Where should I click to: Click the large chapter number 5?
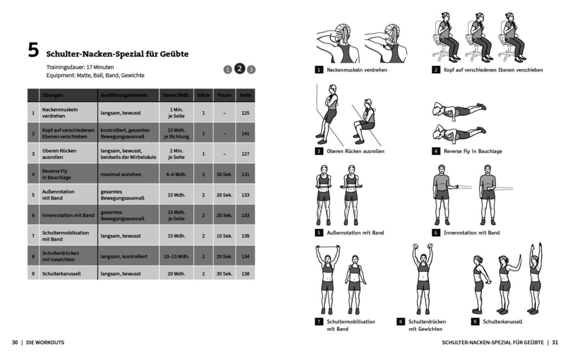click(34, 51)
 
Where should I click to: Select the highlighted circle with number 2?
click(239, 69)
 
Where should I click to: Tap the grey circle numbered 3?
click(251, 70)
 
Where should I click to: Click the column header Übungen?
click(53, 96)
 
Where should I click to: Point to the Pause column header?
click(224, 96)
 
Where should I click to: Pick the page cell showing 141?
click(245, 134)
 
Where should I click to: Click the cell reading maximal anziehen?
click(121, 174)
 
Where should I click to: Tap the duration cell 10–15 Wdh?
click(177, 257)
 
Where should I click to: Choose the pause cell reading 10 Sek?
click(224, 236)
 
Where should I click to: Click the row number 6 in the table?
click(34, 215)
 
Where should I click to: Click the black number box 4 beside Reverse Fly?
click(436, 151)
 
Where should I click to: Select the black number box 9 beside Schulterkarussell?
click(475, 321)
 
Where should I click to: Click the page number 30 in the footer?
click(15, 342)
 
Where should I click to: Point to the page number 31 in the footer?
click(555, 342)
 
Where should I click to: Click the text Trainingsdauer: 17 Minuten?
click(80, 67)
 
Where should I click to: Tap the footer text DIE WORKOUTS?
click(45, 342)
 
